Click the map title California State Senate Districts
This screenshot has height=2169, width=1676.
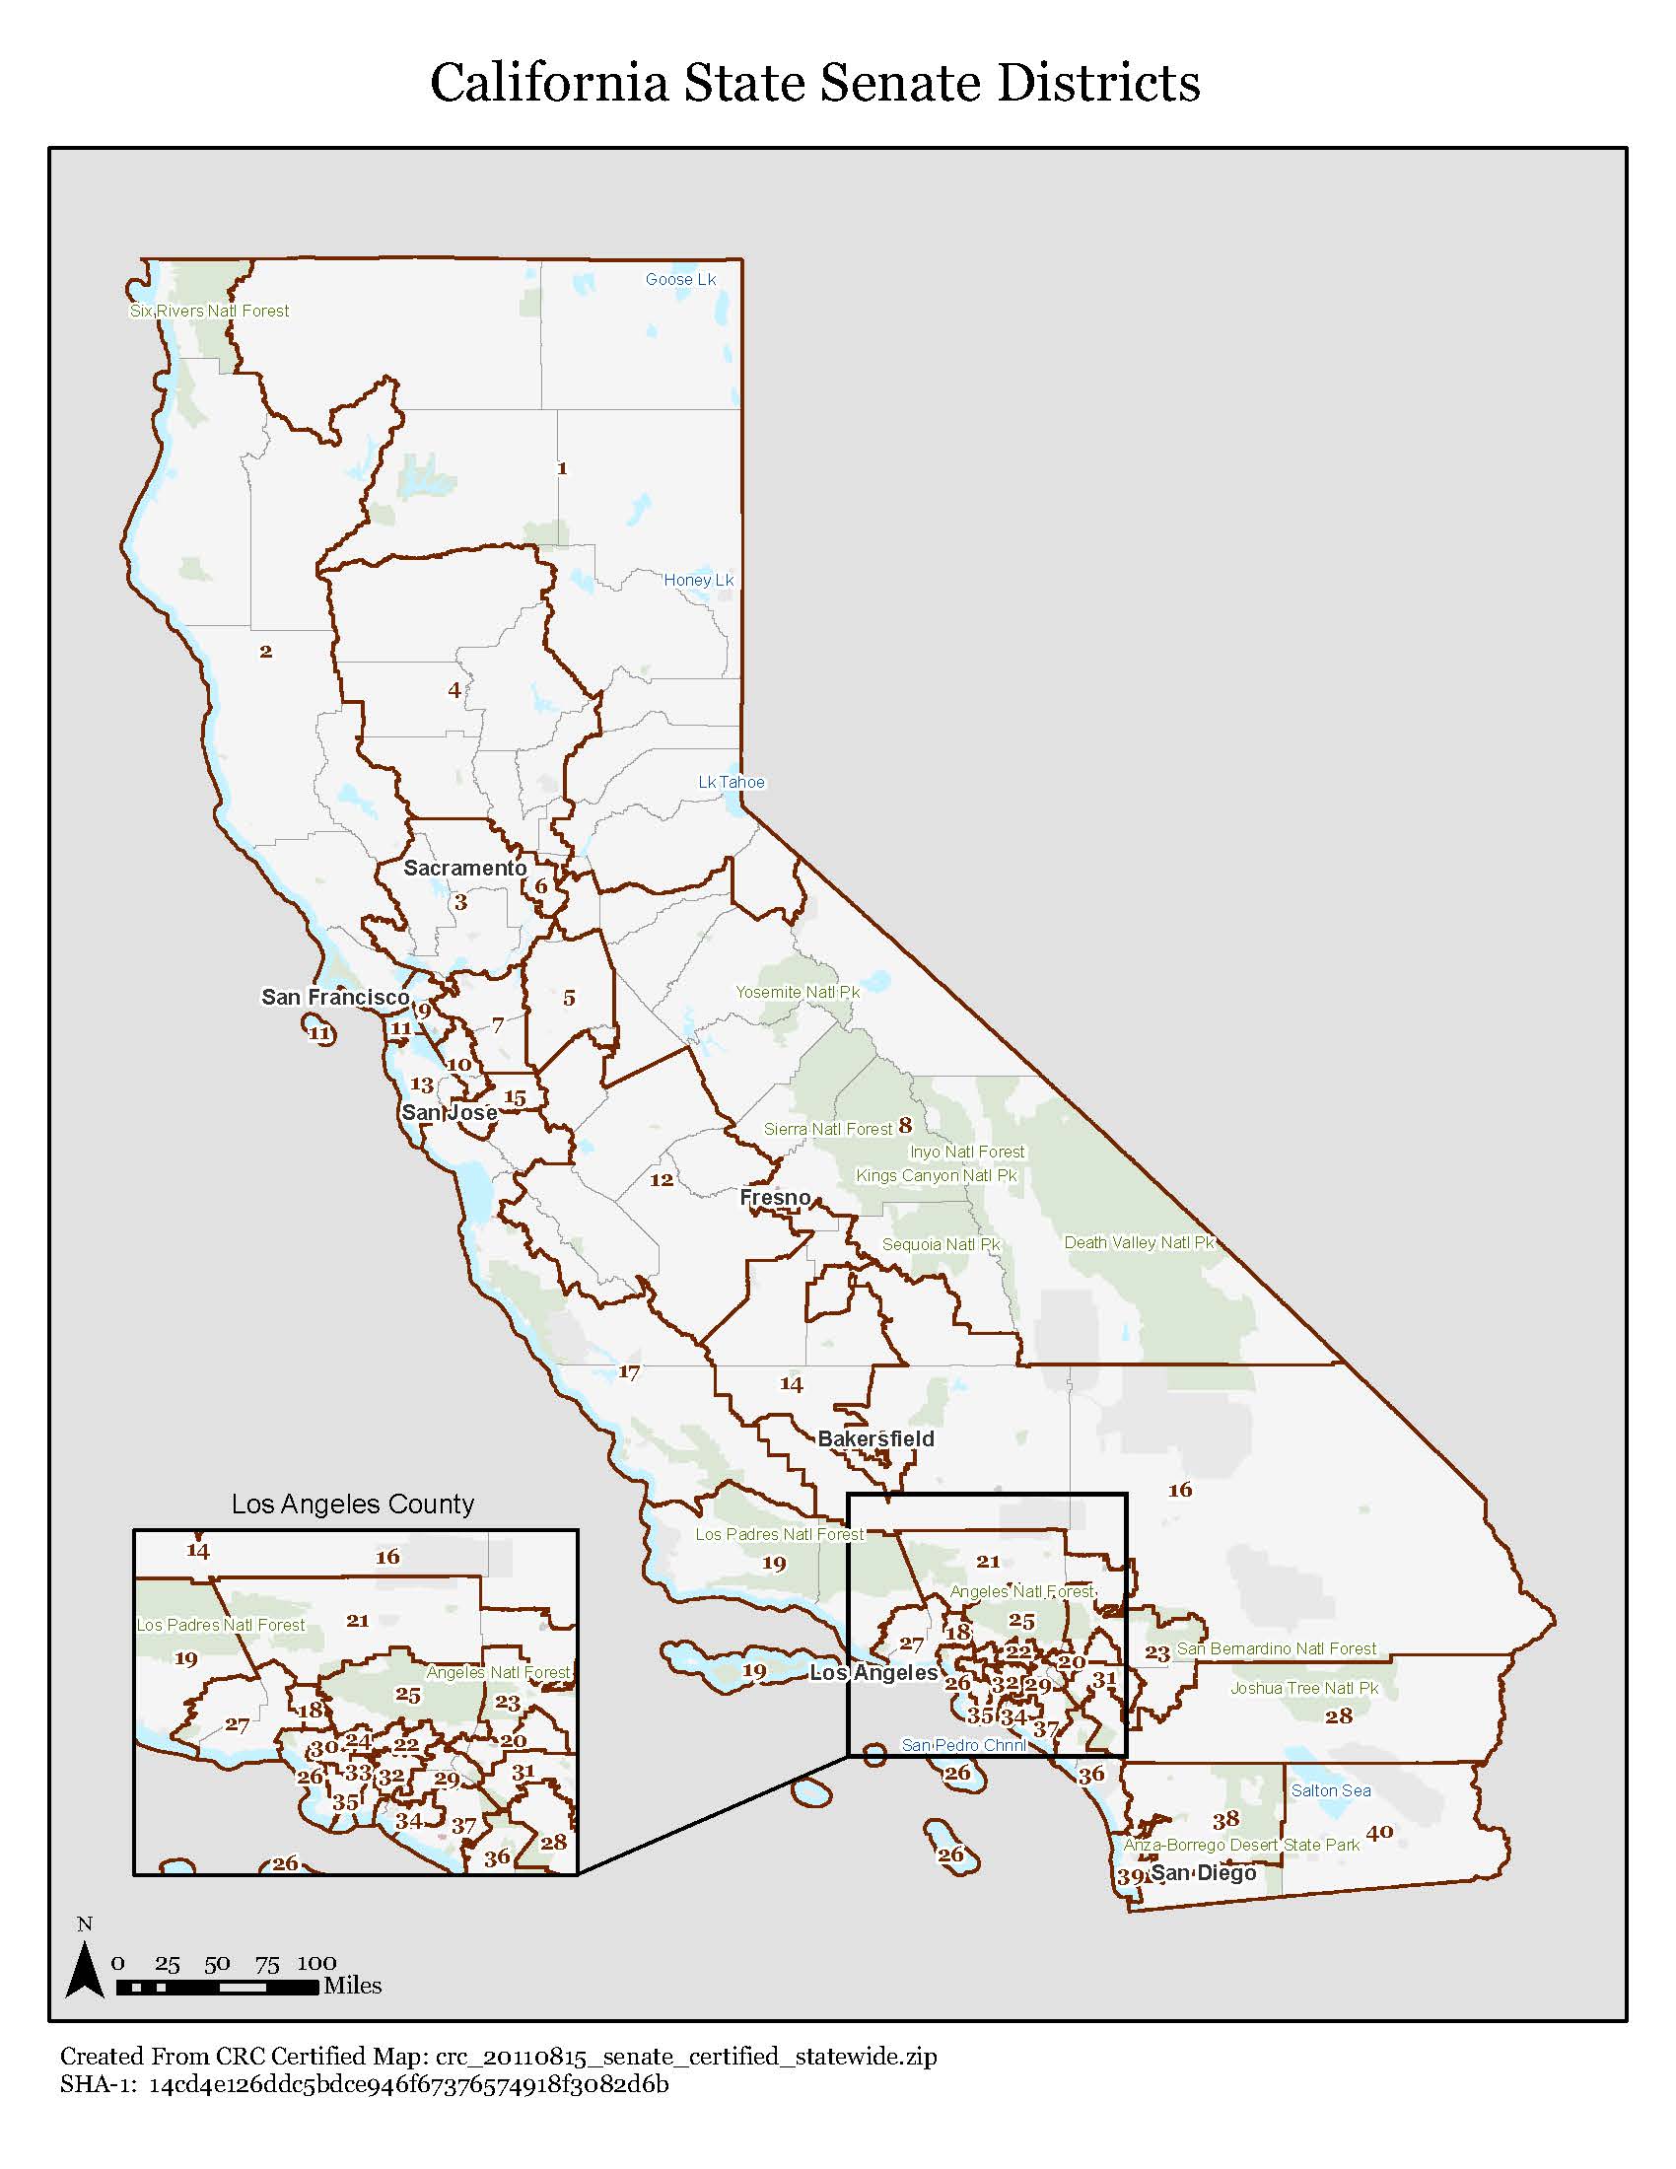(814, 83)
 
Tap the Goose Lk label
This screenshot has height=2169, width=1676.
(680, 279)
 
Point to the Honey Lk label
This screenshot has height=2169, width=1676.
(698, 580)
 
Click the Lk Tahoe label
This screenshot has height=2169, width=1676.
(731, 782)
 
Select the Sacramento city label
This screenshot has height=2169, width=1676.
(464, 868)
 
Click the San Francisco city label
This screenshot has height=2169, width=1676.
(334, 996)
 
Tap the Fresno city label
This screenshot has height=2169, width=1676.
(776, 1197)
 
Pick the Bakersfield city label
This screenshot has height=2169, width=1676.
(875, 1438)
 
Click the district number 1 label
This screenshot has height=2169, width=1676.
(562, 467)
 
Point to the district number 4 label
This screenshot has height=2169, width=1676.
(454, 689)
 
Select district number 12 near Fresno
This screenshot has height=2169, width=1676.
(662, 1180)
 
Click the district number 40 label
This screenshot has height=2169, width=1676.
(1379, 1833)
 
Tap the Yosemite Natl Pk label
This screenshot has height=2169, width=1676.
(798, 992)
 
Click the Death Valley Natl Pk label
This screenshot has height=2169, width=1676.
(1139, 1242)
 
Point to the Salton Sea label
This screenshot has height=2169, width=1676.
(1331, 1790)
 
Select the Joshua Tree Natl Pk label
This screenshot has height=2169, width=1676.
(1303, 1688)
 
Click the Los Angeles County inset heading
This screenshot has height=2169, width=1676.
(353, 1504)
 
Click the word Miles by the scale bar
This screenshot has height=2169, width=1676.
(353, 1986)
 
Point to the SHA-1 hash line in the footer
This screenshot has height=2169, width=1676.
(364, 2083)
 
